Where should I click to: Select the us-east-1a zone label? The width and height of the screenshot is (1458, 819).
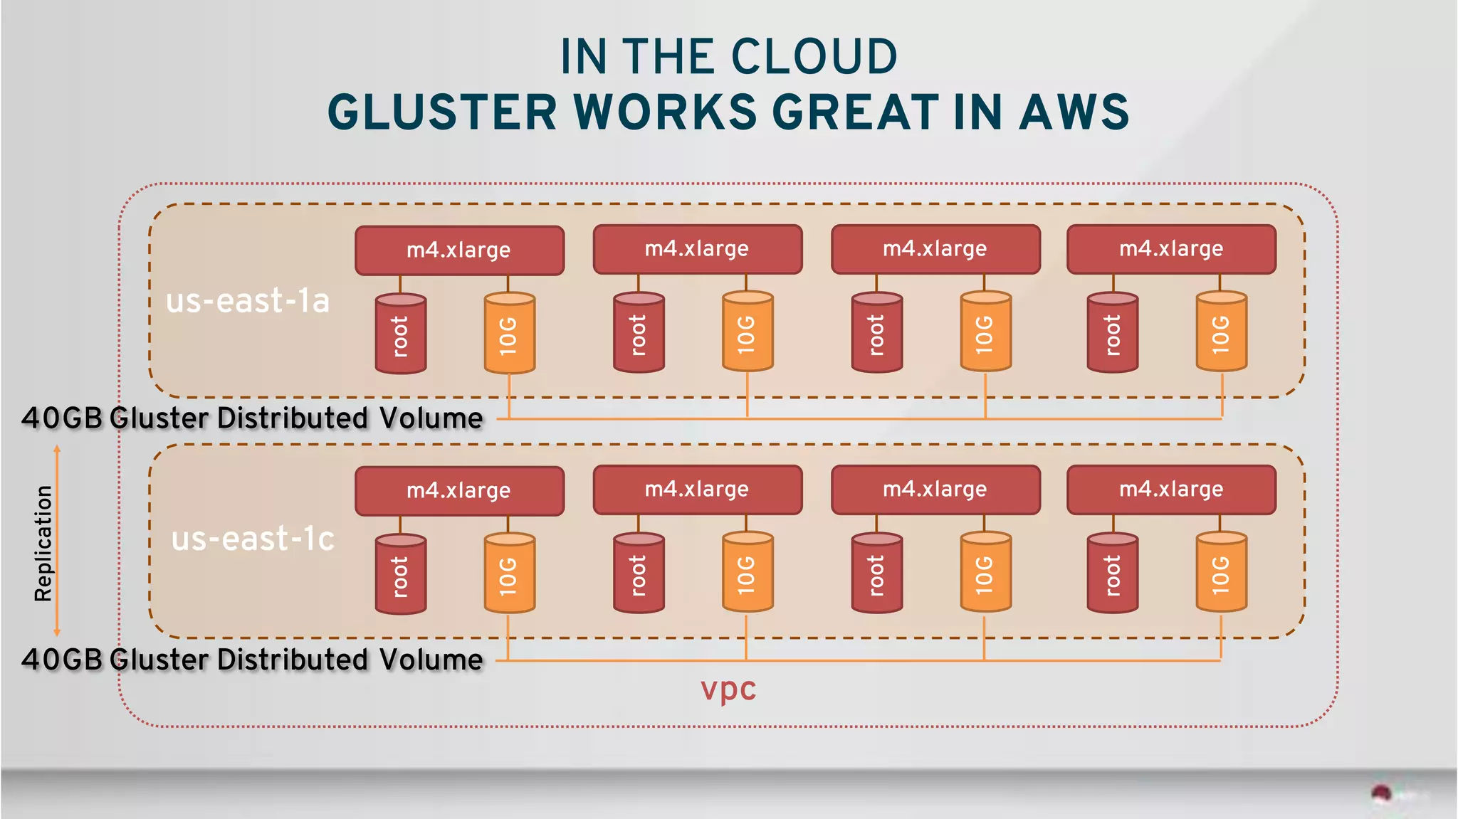point(248,301)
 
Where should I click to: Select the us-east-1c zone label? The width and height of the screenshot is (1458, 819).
point(253,539)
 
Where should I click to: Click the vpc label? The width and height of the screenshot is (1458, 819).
point(728,689)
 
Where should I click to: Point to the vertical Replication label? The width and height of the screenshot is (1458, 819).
point(43,543)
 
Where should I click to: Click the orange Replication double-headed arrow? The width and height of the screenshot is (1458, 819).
point(57,541)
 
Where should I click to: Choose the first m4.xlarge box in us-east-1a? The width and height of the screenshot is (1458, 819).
point(459,250)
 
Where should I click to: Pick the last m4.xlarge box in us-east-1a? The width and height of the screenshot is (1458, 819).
point(1171,249)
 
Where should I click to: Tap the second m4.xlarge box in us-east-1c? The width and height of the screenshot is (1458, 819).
point(697,490)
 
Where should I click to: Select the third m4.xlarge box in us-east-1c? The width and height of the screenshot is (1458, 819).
point(935,490)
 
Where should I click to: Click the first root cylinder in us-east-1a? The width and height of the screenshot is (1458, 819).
point(401,334)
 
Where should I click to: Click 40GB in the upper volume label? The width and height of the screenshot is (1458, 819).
point(63,418)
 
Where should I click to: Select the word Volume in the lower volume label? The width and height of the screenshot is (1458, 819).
point(431,660)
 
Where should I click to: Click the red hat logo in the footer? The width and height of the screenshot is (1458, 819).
point(1382,793)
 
